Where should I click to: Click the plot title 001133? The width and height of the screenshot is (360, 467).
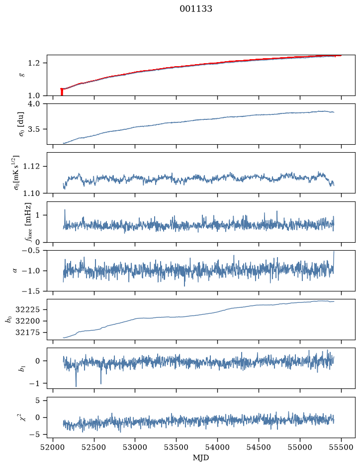(196, 9)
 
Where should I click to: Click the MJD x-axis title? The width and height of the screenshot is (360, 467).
(201, 458)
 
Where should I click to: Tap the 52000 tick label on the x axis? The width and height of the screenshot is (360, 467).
(53, 447)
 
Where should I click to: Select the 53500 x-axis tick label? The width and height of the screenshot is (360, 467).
(177, 447)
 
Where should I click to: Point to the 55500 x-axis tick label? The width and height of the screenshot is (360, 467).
(341, 447)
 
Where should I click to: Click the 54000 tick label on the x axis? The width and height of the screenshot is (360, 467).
(217, 447)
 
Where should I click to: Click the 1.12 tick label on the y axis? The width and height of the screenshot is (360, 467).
(31, 166)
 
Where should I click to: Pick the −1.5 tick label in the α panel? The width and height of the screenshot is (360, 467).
(30, 291)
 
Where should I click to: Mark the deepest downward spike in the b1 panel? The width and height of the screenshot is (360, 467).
(76, 386)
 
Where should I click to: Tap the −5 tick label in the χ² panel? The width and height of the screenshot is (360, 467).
(34, 435)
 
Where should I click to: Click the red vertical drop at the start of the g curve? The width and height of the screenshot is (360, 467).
(62, 92)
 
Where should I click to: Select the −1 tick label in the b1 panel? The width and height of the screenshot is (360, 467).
(34, 383)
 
